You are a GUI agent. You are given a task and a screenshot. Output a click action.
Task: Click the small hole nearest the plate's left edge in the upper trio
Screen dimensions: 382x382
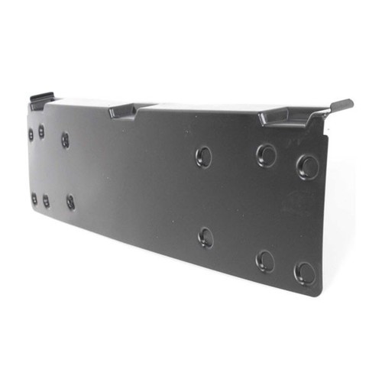pos(31,134)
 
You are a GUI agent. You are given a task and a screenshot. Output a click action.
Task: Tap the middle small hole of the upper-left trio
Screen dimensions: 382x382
pos(41,131)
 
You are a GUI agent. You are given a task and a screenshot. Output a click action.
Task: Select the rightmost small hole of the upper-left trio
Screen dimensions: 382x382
pos(65,139)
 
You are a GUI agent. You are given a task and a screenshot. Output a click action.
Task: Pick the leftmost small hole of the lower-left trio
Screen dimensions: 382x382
pos(34,199)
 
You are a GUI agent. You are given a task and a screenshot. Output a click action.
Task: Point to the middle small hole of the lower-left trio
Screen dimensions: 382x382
pos(46,202)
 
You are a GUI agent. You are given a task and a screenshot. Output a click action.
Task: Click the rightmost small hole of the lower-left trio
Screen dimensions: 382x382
pos(70,202)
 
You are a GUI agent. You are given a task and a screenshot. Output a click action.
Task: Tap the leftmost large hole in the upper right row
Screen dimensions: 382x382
pos(204,157)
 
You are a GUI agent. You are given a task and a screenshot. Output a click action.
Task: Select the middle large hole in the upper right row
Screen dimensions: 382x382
pos(266,156)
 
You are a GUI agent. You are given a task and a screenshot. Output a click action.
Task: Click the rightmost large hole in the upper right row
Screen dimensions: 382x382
pos(307,166)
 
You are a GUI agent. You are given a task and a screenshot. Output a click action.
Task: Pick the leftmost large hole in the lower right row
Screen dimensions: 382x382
pos(206,237)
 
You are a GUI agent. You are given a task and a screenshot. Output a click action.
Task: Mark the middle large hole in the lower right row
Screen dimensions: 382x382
pos(264,261)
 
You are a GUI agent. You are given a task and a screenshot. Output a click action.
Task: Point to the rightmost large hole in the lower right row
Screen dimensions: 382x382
pos(305,273)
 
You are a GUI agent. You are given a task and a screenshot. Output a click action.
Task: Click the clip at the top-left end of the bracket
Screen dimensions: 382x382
pos(42,99)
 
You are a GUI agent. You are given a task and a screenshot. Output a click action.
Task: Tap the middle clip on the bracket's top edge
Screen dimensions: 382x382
pos(122,111)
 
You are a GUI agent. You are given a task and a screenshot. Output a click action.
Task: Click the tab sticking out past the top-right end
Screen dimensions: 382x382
pos(341,105)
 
